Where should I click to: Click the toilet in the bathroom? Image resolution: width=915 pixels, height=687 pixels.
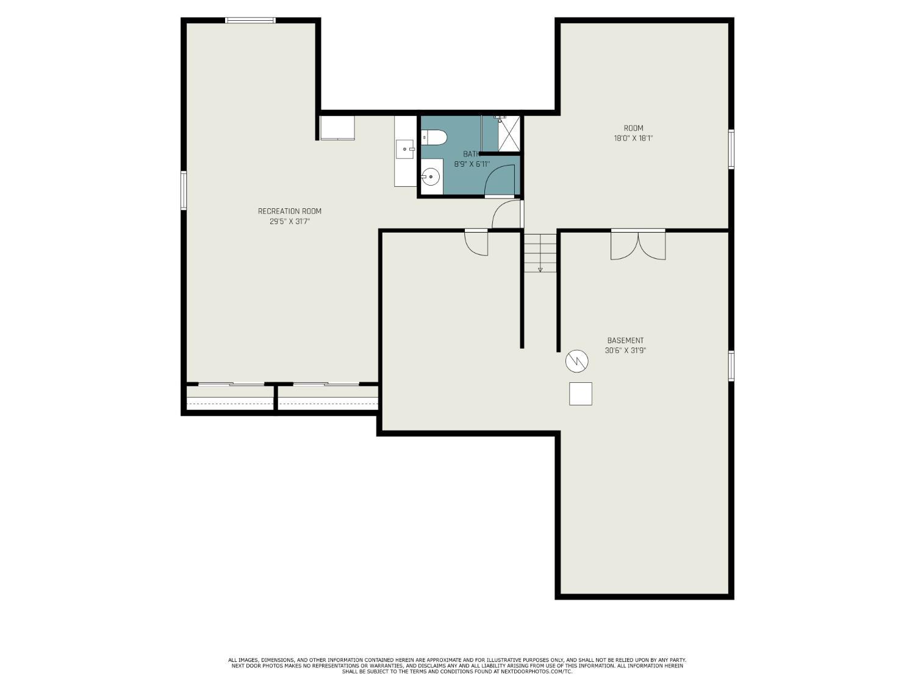coord(434,137)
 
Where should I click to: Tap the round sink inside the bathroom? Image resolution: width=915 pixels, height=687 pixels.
coord(431,177)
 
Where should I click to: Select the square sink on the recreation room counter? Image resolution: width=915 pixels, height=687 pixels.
coord(405,148)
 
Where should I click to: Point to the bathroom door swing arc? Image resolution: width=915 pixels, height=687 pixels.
coord(501,180)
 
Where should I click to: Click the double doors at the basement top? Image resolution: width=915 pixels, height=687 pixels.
coord(638,245)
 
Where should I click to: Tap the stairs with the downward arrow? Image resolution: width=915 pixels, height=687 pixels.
coord(540,253)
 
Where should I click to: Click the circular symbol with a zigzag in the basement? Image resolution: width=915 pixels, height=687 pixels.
coord(576,361)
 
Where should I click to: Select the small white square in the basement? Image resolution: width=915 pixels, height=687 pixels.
coord(581,394)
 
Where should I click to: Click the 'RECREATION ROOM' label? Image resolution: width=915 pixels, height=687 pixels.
coord(290,211)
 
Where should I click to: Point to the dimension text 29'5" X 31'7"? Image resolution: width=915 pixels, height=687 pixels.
coord(290,222)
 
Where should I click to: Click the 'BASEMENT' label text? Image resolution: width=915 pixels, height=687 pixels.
coord(625,341)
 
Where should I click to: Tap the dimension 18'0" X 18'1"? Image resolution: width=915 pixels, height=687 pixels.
coord(633,139)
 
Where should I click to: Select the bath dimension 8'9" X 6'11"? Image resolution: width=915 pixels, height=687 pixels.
coord(472,164)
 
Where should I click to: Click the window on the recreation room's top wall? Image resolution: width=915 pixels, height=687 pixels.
coord(250,21)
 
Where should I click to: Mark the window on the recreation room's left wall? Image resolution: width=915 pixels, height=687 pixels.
coord(184,191)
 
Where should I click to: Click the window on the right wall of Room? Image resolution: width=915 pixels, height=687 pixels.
coord(731,149)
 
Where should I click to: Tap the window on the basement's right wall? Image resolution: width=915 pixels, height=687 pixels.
coord(731,366)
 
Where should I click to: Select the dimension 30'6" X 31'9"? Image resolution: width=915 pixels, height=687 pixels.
coord(625,351)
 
